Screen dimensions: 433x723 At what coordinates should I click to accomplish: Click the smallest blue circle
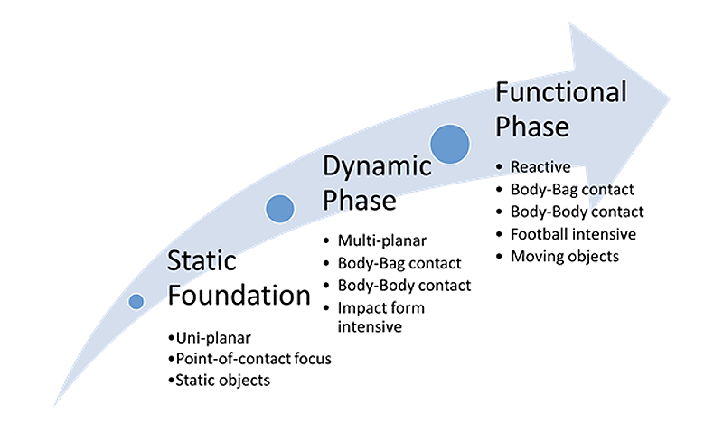coord(136,302)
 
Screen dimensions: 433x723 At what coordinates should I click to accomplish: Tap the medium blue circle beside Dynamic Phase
coord(280,209)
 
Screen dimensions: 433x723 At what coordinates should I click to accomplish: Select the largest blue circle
coord(449,143)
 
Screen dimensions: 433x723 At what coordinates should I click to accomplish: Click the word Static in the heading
coord(202,261)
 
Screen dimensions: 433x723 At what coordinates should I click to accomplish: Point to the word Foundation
coord(239,295)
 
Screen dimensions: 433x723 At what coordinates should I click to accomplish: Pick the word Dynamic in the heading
coord(378,165)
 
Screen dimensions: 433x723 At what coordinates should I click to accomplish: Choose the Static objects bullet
coord(221,381)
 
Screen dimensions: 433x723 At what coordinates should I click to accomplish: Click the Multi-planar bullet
coord(380,240)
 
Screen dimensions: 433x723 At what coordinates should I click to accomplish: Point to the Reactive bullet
coord(540,167)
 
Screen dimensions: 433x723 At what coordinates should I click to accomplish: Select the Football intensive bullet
coord(573,234)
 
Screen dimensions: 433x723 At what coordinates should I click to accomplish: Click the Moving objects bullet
coord(565,256)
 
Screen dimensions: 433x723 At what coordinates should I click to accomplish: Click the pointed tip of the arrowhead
coord(670,93)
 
